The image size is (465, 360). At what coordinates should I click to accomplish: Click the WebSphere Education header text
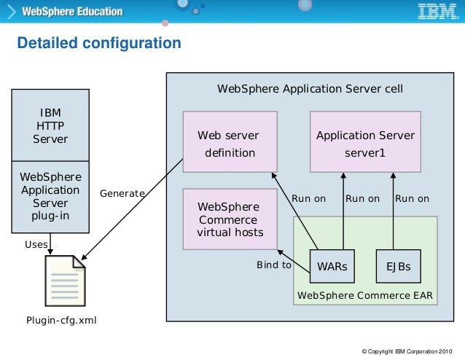tap(72, 12)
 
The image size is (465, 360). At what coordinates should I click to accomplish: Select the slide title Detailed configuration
tap(99, 44)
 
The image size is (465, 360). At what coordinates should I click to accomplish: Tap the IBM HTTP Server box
tap(50, 125)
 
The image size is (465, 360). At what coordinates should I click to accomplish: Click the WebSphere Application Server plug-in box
tap(50, 197)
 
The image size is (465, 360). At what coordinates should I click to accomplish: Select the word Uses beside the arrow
tap(36, 244)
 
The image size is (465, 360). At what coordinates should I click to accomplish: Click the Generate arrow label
tap(122, 194)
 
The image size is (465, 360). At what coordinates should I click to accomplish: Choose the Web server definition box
tap(230, 144)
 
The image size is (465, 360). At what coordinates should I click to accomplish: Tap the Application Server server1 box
tap(364, 144)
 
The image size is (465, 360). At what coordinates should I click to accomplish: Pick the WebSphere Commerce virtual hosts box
tap(230, 219)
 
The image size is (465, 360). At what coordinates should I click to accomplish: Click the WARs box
tap(332, 267)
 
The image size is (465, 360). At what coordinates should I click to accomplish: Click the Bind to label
tap(274, 265)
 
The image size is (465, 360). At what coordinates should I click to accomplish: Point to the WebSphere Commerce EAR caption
tap(364, 295)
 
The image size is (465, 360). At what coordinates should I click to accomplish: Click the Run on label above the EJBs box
tap(412, 198)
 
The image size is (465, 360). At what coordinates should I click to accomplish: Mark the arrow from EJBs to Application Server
tap(394, 219)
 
